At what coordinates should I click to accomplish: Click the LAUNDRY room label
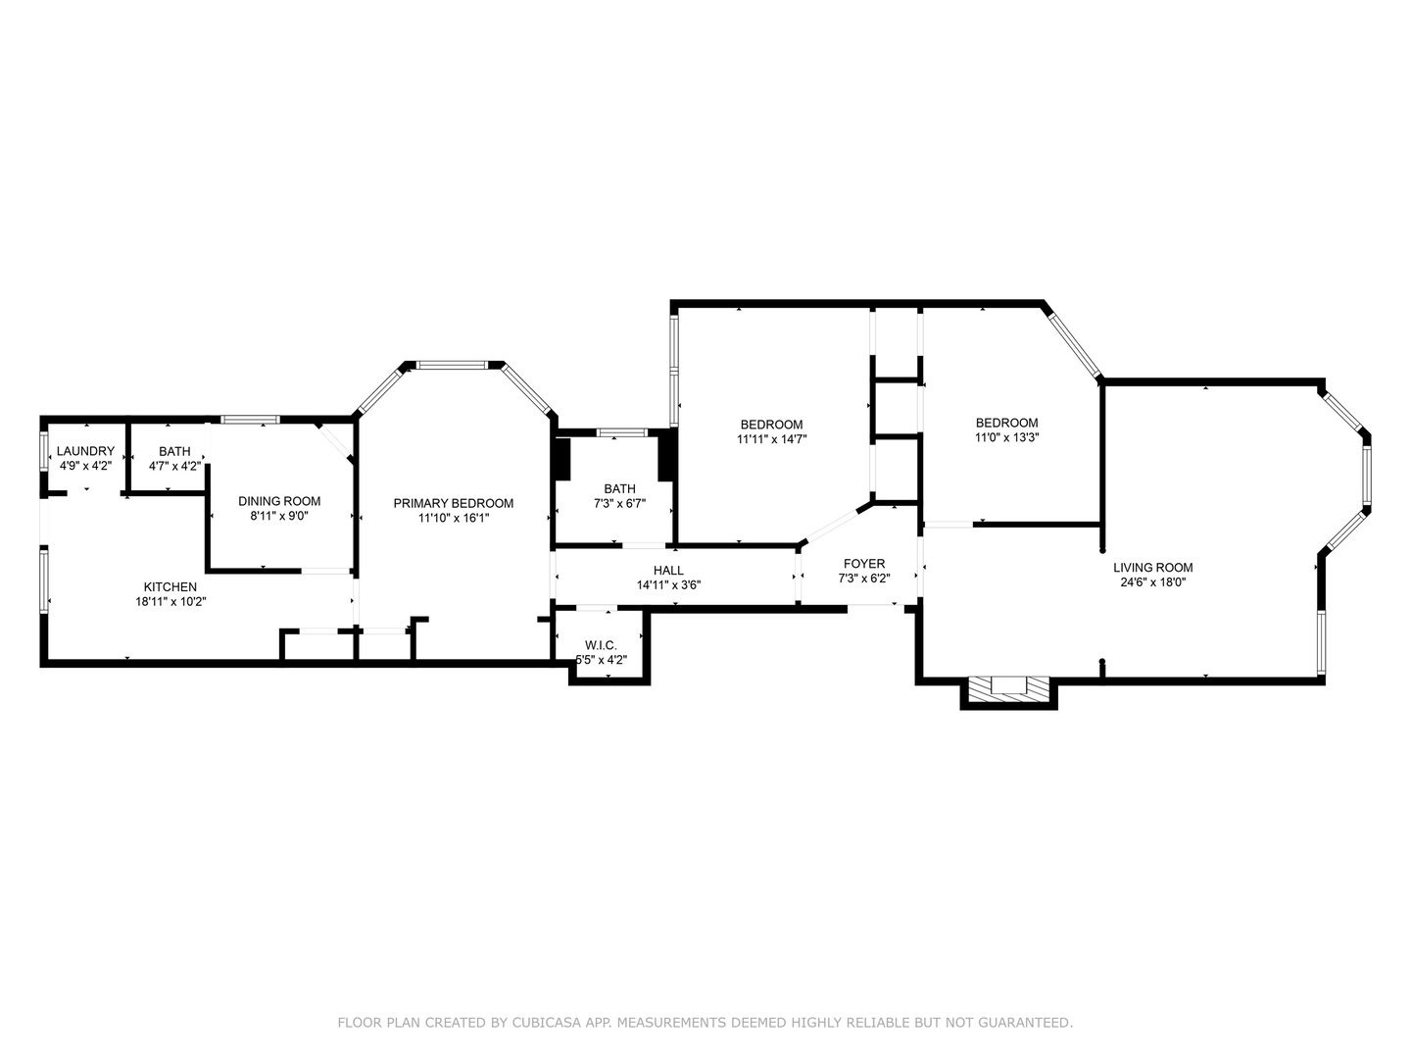pos(85,451)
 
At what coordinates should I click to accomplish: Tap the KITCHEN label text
pos(170,587)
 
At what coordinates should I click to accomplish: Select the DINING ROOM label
pos(279,501)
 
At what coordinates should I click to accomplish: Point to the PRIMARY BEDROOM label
pos(453,503)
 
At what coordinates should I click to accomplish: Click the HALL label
pos(668,571)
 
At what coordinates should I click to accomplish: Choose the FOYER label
pos(863,564)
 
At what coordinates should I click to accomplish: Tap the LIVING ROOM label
pos(1152,568)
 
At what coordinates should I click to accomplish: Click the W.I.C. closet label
pos(601,645)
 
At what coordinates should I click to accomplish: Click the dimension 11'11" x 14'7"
pos(771,439)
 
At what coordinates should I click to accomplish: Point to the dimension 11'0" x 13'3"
pos(1006,437)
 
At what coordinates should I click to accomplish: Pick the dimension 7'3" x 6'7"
pos(619,503)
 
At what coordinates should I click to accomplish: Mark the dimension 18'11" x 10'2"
pos(170,602)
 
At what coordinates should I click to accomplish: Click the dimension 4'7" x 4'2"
pos(174,466)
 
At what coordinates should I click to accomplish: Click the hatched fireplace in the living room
pos(1008,688)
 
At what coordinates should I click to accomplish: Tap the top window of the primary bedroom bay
pos(452,365)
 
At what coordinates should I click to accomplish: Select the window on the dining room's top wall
pos(250,420)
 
